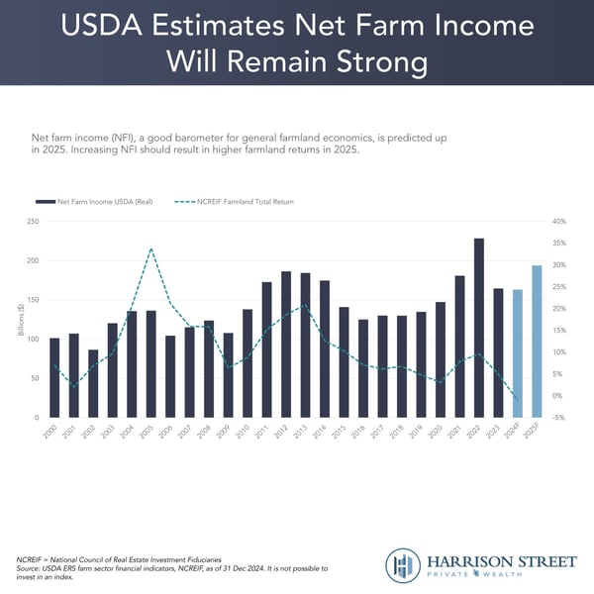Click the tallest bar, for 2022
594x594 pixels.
(x=479, y=328)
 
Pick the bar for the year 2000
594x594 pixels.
(x=54, y=377)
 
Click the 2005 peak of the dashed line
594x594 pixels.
(x=150, y=248)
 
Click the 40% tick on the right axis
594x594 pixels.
(x=558, y=221)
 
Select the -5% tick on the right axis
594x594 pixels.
(x=558, y=418)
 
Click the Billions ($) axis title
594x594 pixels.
(x=21, y=320)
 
